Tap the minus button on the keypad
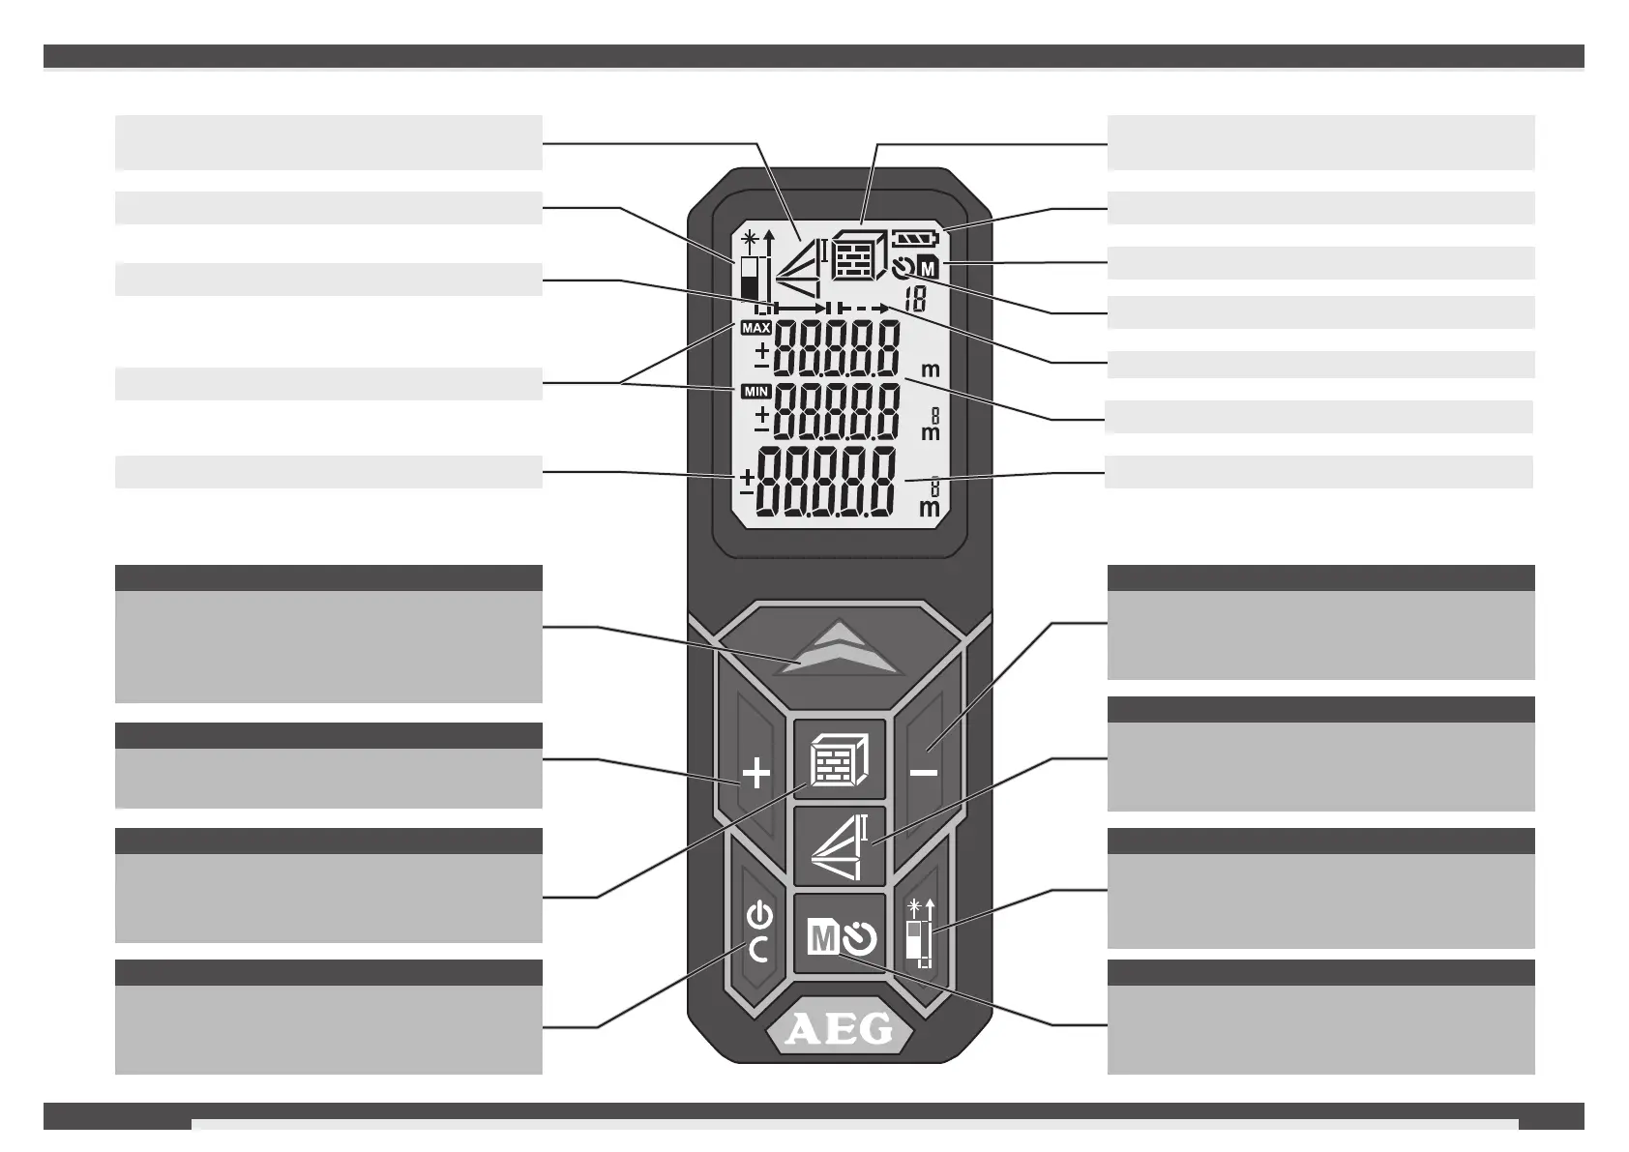tap(924, 772)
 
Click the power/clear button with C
tap(760, 932)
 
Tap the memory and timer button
tap(839, 936)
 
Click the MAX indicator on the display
tap(755, 328)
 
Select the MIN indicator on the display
tap(755, 392)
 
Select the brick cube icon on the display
tap(857, 254)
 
